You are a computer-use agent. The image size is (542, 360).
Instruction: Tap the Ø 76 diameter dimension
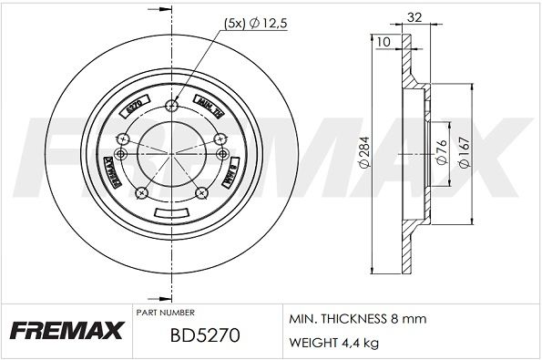pos(439,149)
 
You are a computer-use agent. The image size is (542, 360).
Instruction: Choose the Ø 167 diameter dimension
pos(465,149)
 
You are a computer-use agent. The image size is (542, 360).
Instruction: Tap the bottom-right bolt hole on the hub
pos(200,193)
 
